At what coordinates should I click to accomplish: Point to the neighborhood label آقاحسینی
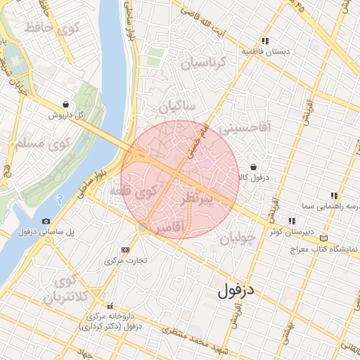coord(244,129)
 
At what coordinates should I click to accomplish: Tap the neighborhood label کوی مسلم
coord(39,145)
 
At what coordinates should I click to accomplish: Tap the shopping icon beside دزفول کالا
coord(253,167)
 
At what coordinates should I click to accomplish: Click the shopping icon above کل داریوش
coord(65,104)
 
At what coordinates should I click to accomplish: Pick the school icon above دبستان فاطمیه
coord(266,41)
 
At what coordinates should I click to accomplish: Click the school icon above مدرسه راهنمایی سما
coord(334,195)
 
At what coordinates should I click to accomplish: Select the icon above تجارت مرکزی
coord(125,250)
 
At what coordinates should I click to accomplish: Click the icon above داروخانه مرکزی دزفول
coord(110,306)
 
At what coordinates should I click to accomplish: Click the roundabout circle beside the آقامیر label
coord(143,226)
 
